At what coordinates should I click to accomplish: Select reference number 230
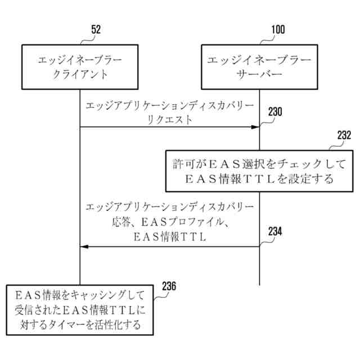(x=275, y=111)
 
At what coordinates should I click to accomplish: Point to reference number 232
(x=344, y=136)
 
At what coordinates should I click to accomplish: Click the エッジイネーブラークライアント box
(x=80, y=66)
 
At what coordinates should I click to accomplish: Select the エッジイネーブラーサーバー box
(x=259, y=66)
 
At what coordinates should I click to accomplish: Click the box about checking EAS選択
(x=259, y=171)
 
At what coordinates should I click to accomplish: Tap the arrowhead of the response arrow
(x=85, y=246)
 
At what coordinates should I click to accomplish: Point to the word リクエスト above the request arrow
(x=169, y=119)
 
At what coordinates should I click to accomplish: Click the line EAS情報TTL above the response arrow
(x=169, y=237)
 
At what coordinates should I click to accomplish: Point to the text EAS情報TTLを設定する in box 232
(x=259, y=179)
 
